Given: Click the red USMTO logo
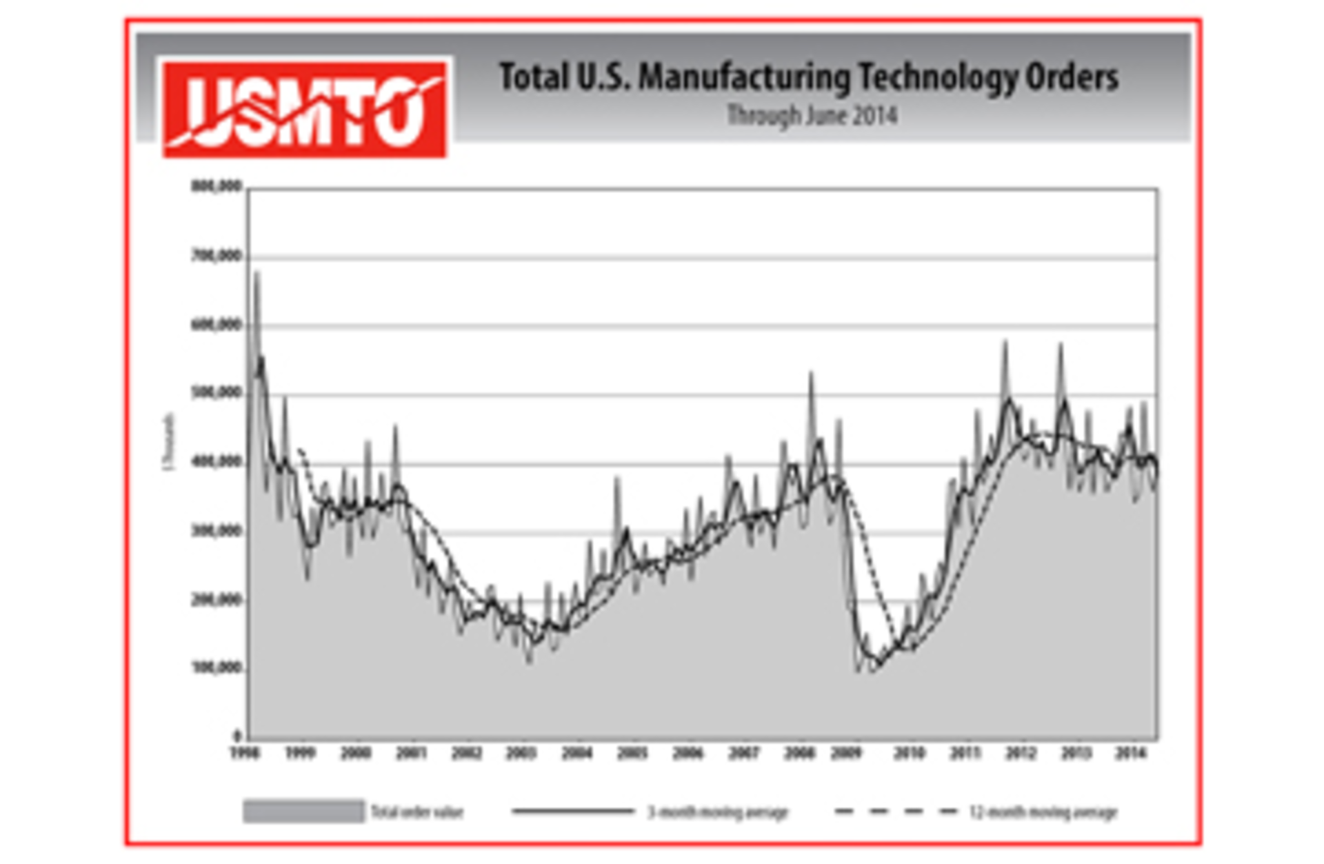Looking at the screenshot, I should pos(304,109).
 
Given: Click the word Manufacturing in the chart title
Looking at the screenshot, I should pos(745,77).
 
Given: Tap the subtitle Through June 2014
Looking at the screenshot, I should pos(812,115).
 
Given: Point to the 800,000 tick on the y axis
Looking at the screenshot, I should pos(216,187).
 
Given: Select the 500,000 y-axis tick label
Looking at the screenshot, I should pos(216,393).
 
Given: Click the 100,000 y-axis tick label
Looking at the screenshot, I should pos(216,668).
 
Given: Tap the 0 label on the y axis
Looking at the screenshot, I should pos(237,736).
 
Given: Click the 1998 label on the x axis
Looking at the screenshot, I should pos(245,753).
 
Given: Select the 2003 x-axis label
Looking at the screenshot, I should pos(521,753).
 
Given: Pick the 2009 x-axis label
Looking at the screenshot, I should pos(846,753).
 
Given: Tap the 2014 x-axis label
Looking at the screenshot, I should pos(1130,753).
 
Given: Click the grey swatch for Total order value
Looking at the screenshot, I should pos(303,812).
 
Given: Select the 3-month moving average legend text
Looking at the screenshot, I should pos(717,812).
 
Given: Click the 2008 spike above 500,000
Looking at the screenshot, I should pos(811,376).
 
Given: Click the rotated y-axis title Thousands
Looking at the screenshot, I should pos(169,441).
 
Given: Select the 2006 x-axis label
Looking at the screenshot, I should pos(688,753).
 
